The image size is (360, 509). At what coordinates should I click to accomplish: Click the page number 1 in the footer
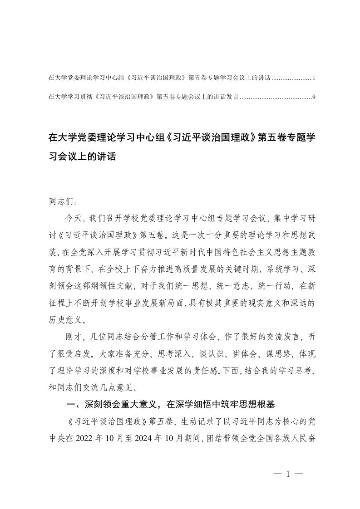(x=288, y=474)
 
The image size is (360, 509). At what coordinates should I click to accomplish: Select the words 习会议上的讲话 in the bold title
(x=82, y=157)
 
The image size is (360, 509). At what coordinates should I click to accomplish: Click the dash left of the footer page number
(x=278, y=474)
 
